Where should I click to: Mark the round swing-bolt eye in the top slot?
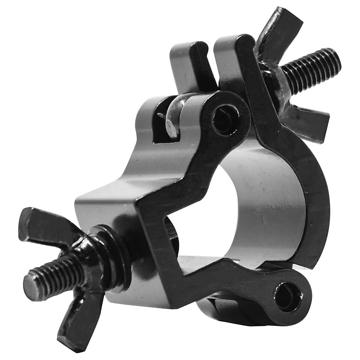[173, 119]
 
